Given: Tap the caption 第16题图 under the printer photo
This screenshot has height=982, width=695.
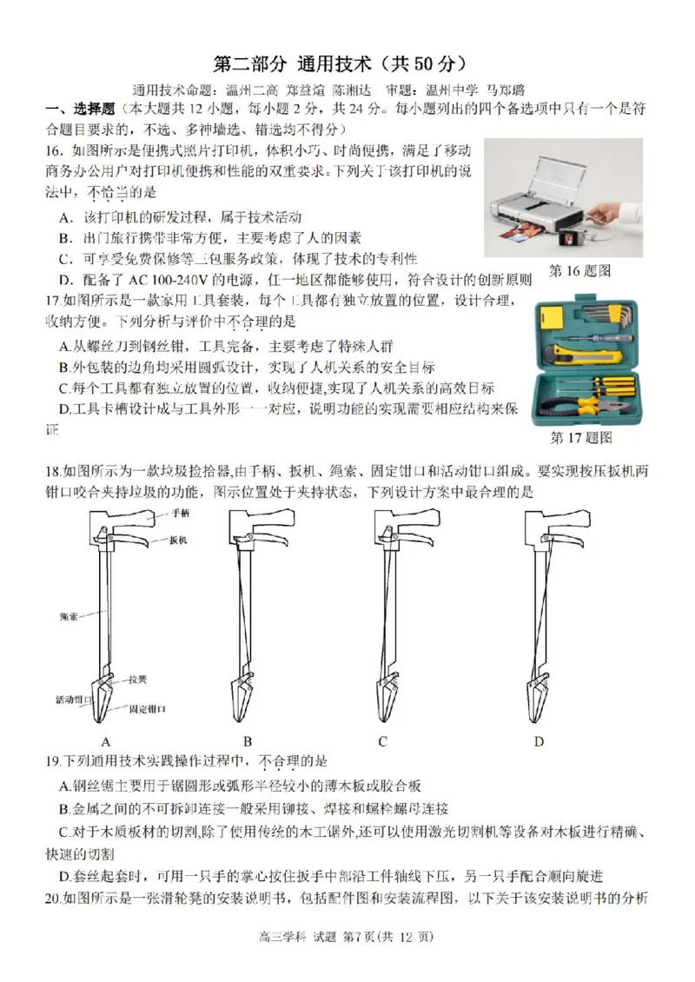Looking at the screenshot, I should point(580,271).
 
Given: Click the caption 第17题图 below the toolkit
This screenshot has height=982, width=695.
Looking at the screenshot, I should point(581,437).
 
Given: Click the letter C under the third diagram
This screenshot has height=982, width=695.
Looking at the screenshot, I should point(382,741).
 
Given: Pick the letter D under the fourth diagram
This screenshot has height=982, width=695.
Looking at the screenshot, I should point(539,741).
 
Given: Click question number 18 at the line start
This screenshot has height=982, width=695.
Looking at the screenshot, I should point(51,471).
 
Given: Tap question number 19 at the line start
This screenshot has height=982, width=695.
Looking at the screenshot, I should point(51,762).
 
